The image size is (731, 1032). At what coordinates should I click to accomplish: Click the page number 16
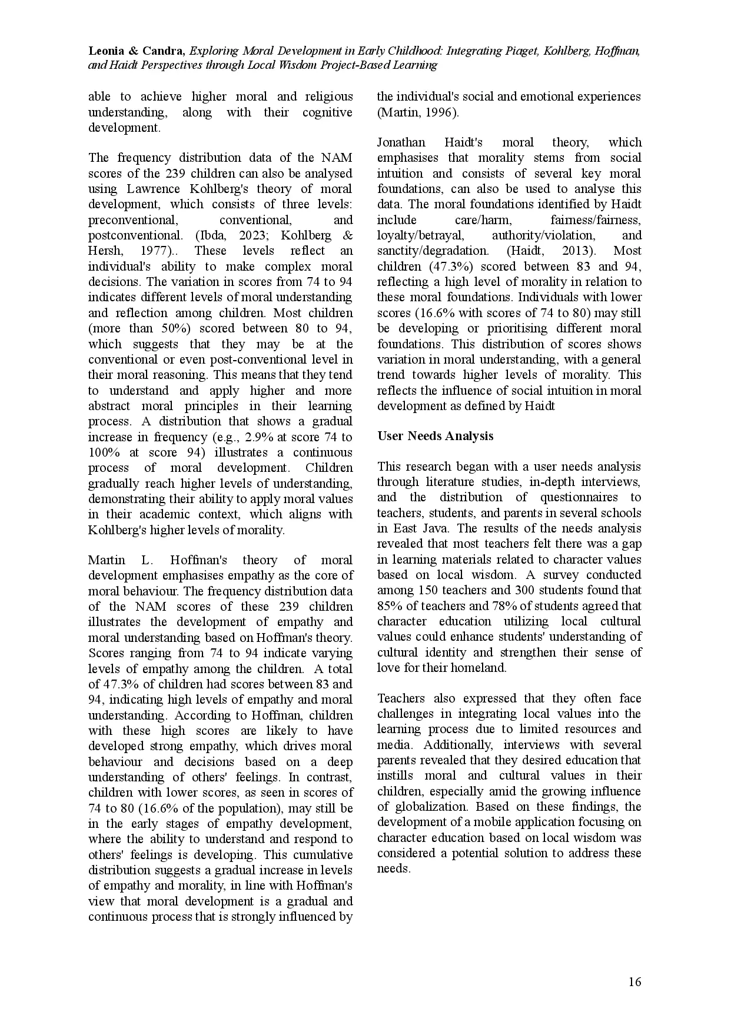click(634, 981)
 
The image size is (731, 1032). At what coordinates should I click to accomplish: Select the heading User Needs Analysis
click(435, 436)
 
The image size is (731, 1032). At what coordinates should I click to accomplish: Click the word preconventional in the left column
click(132, 220)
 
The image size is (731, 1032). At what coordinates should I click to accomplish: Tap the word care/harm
click(483, 220)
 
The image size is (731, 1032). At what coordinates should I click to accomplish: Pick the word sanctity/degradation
click(433, 251)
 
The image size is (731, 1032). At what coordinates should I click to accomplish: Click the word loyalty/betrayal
click(420, 235)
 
